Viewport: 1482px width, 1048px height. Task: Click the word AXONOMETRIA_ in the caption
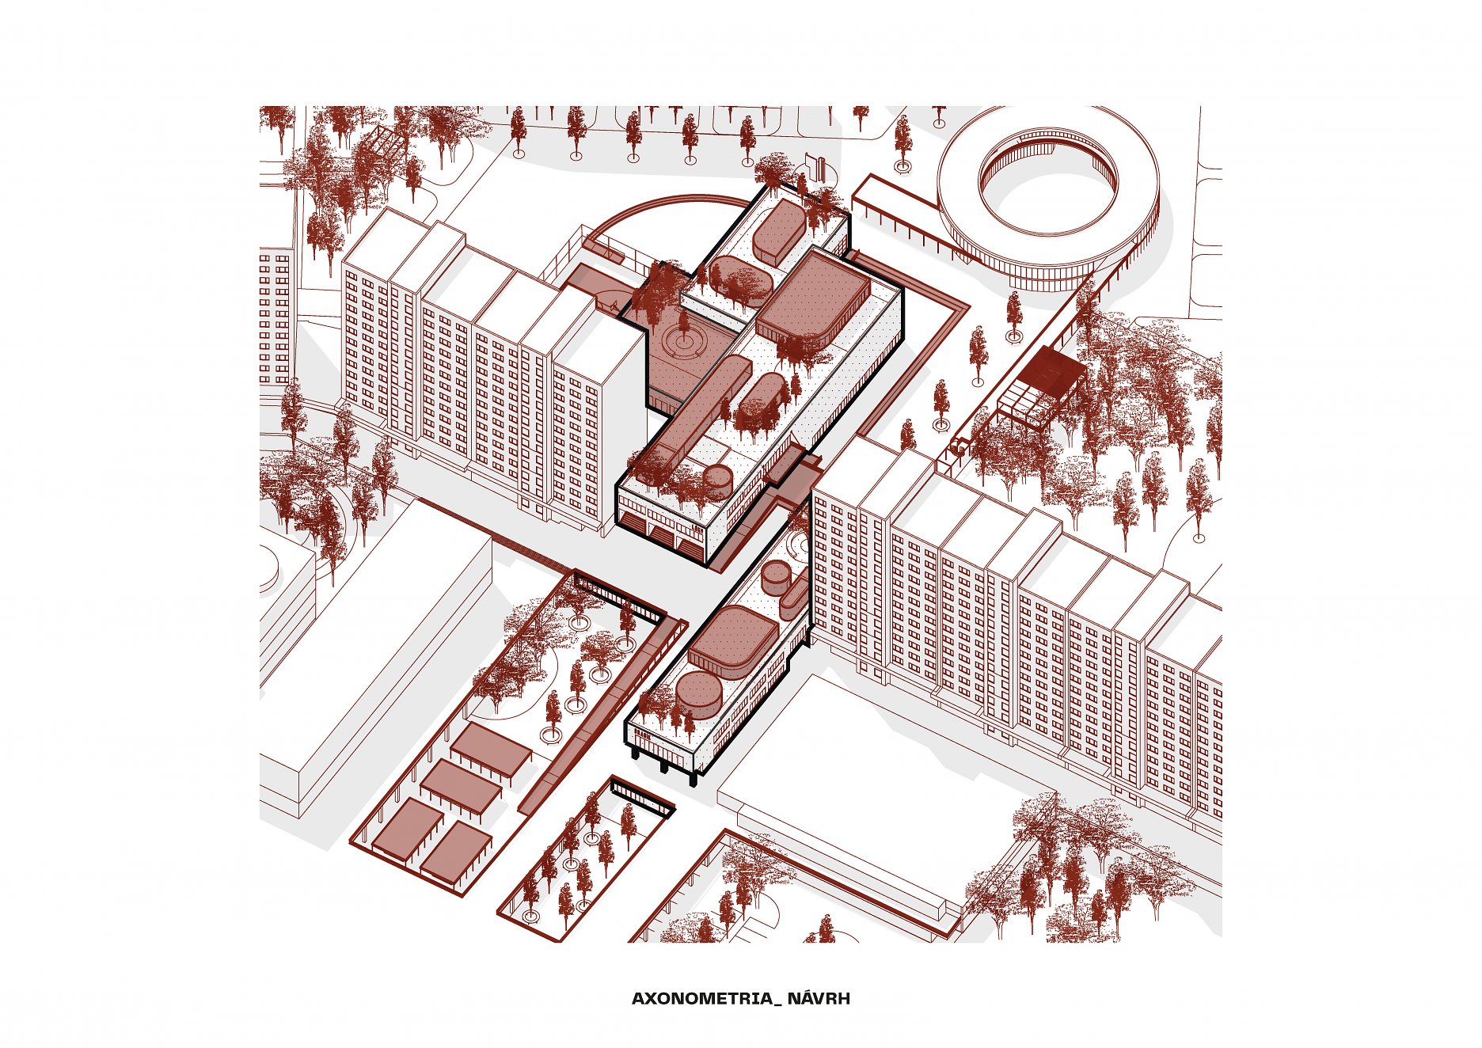(x=706, y=998)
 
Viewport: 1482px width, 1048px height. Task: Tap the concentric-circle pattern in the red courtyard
(x=682, y=341)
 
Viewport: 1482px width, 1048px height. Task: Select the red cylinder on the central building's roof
(x=720, y=480)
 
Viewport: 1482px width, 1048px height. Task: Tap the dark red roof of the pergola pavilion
(x=1048, y=370)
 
